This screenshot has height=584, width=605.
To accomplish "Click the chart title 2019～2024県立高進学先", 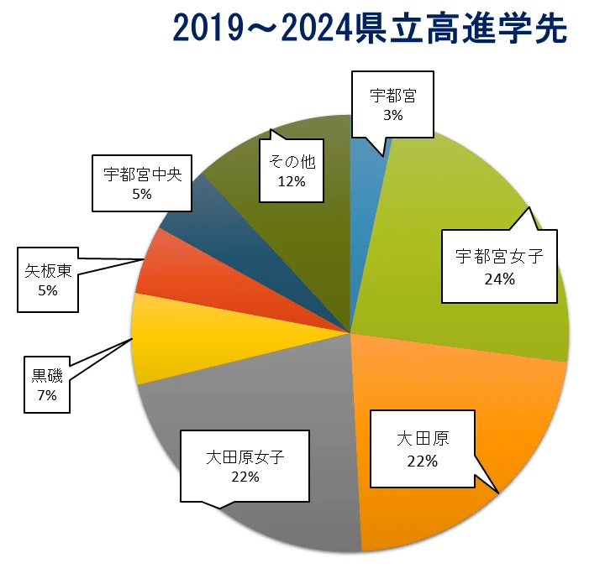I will [369, 29].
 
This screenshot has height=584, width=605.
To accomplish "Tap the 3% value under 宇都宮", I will [392, 116].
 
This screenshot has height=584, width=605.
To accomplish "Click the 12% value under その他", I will [292, 180].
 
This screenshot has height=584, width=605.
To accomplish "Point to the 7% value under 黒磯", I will [46, 395].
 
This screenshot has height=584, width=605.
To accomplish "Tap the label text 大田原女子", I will [246, 458].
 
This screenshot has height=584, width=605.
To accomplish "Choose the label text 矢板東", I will [47, 270].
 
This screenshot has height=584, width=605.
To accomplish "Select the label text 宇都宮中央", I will [142, 175].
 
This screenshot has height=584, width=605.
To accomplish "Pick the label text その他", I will [292, 161].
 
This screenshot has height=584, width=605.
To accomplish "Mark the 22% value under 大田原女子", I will [246, 477].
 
